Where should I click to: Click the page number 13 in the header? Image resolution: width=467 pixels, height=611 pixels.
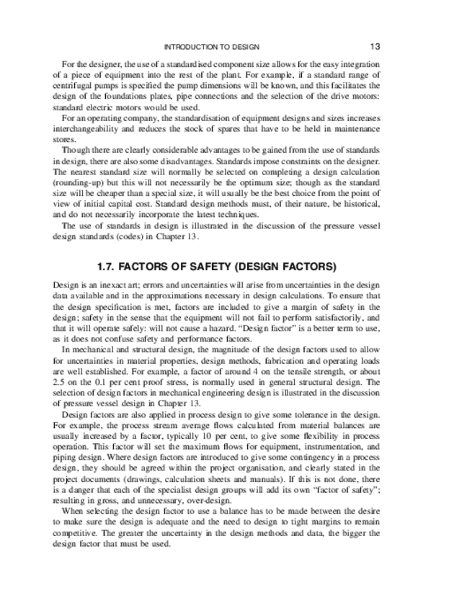[x=375, y=46]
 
